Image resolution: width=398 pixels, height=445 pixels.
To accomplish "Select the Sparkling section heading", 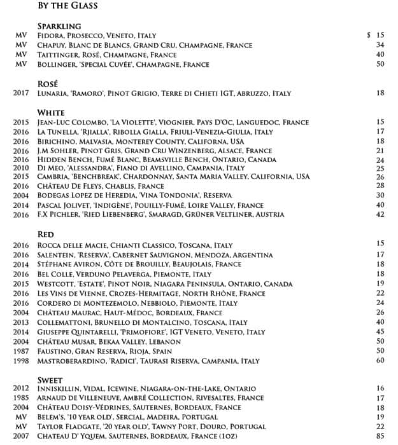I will (59, 26).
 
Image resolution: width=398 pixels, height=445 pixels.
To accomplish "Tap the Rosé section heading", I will (48, 83).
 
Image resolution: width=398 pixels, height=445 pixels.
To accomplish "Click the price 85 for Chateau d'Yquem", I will (380, 436).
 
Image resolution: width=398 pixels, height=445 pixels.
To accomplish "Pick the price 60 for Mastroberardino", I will (380, 361).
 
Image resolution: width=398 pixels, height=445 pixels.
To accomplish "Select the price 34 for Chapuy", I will (380, 45).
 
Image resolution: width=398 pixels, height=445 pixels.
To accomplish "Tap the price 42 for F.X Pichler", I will (380, 215).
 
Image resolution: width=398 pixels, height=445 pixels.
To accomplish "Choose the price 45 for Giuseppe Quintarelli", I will (380, 332).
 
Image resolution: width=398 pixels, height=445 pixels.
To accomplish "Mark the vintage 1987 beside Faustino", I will (21, 351).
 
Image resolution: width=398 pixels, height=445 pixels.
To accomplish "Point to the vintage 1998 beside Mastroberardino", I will (21, 361).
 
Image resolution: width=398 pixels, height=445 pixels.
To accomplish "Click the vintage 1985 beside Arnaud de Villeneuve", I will (21, 398).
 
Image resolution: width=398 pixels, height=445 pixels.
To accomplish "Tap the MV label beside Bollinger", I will (22, 65).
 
